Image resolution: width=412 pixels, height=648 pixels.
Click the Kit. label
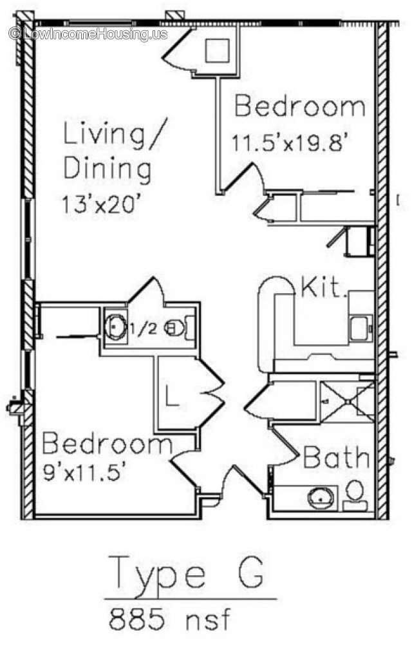tap(324, 288)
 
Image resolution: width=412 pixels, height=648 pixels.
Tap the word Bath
tap(336, 458)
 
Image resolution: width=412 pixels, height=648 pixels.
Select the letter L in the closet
tap(172, 395)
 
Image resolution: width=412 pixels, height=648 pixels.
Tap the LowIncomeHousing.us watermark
tap(88, 33)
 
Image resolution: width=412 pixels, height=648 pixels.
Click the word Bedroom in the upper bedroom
tap(299, 106)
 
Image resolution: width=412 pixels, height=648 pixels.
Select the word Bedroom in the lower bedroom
tap(107, 445)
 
